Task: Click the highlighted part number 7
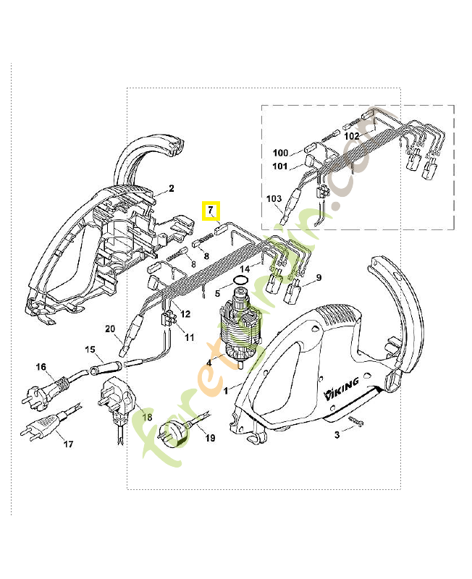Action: coord(211,211)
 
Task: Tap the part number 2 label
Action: coord(172,189)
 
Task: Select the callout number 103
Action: coord(274,198)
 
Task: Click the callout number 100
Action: coord(280,153)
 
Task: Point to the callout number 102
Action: coord(352,135)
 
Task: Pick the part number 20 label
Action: coord(110,329)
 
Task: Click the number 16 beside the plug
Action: coord(41,368)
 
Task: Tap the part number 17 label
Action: coord(68,444)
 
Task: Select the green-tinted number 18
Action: coord(147,417)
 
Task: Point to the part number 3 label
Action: coord(337,435)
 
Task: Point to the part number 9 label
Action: coord(318,277)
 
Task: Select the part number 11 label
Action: coord(190,337)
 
